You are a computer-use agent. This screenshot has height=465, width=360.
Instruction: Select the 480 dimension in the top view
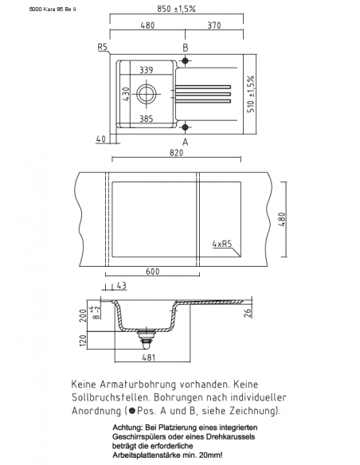click(x=147, y=25)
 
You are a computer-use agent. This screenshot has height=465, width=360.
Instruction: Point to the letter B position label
click(x=186, y=48)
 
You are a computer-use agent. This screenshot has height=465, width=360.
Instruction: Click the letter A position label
click(x=186, y=142)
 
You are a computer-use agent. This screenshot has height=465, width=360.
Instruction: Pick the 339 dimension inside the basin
click(x=146, y=70)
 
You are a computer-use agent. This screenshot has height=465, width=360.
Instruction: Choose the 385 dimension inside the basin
click(x=146, y=117)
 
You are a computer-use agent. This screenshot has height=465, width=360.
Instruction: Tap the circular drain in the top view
click(x=147, y=94)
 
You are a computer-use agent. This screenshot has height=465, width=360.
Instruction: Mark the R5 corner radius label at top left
click(x=102, y=48)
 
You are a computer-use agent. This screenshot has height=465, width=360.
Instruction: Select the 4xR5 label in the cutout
click(x=223, y=245)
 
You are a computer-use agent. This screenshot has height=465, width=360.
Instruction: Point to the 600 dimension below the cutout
click(x=153, y=272)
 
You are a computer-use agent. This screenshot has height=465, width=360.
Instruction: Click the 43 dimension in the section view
click(x=121, y=286)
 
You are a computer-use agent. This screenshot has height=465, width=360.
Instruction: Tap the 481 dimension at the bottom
click(x=144, y=358)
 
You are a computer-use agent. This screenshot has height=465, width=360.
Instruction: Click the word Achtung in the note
click(x=128, y=429)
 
